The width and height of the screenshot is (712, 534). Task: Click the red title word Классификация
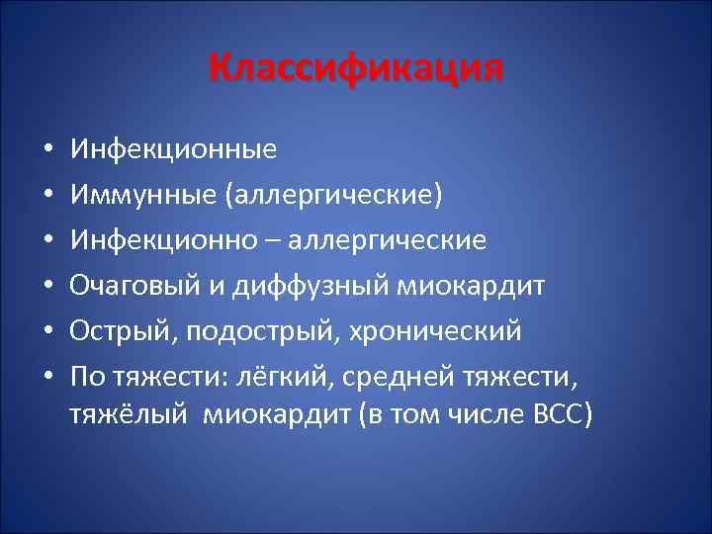coord(356,68)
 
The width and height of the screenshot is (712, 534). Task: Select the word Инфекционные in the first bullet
coord(173,150)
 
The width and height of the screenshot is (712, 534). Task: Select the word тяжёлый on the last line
coord(131,413)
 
